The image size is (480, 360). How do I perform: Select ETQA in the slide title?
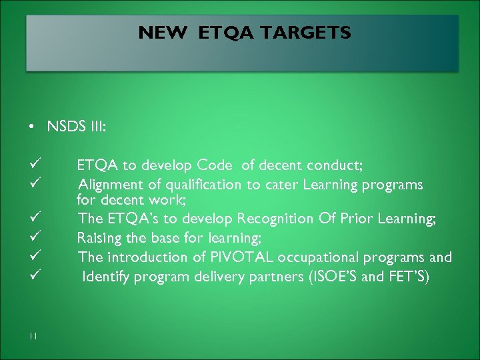coord(225,33)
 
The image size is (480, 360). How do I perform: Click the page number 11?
coord(33,335)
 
